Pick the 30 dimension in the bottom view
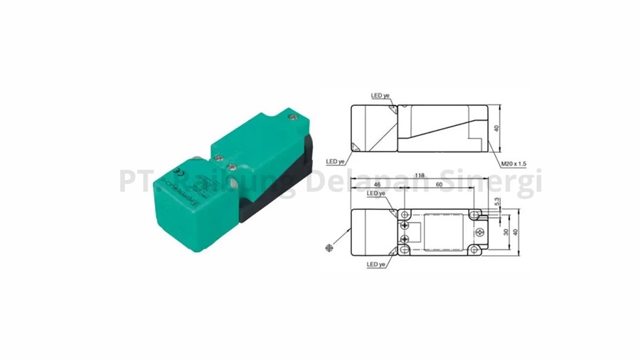pos(506,232)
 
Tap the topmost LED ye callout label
pos(380,94)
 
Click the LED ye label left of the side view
pos(336,162)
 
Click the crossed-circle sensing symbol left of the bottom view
pos(328,247)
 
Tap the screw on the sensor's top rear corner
pos(289,112)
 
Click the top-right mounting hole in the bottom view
pos(474,214)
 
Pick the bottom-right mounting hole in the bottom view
pos(474,250)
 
